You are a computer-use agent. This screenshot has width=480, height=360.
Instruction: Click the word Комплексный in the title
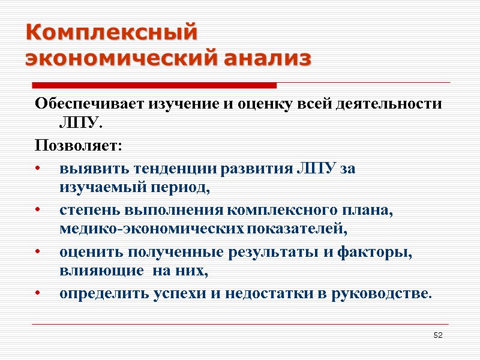pos(111,32)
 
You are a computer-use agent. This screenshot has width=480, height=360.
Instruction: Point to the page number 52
pos(438,334)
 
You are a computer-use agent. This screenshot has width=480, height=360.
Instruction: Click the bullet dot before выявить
pos(38,169)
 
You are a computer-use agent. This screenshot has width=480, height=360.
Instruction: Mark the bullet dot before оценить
pos(38,253)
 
